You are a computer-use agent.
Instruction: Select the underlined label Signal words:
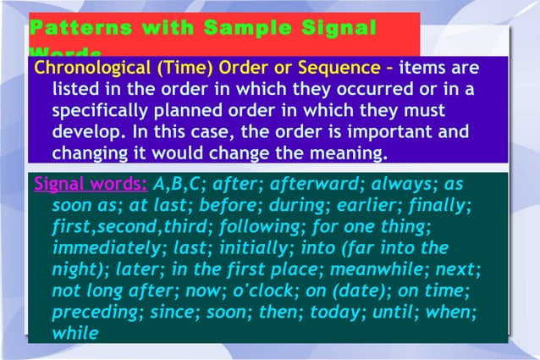(90, 184)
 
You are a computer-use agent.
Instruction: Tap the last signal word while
(75, 333)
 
